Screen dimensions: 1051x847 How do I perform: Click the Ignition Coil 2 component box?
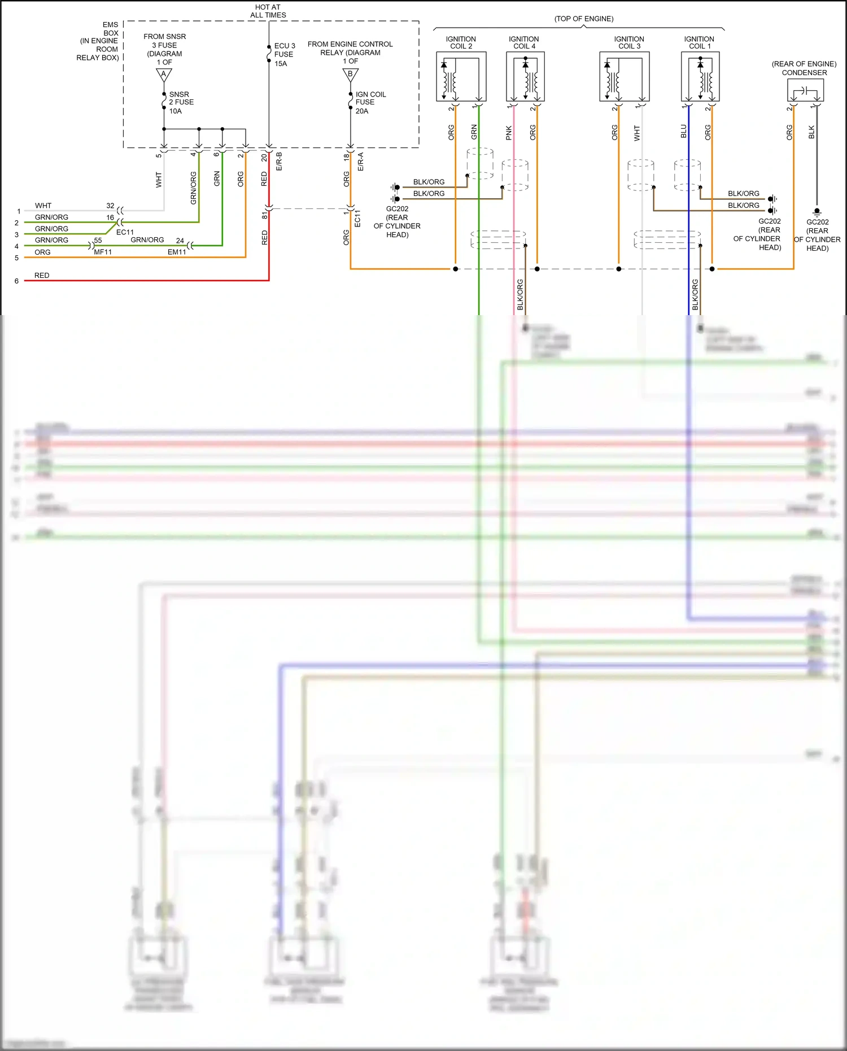coord(461,77)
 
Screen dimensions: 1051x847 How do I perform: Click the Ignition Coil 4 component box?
coord(525,77)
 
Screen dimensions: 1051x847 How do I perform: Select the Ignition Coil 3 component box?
coord(624,77)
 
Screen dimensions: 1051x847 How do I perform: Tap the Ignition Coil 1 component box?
coord(700,77)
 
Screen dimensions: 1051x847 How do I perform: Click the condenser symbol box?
coord(805,90)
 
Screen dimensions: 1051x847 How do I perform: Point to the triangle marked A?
coord(164,75)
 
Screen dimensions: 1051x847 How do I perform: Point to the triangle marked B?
coord(350,75)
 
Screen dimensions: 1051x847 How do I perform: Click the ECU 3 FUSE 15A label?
coord(284,55)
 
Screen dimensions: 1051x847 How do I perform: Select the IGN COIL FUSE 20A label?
coord(370,103)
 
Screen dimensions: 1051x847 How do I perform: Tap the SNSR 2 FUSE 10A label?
coord(181,103)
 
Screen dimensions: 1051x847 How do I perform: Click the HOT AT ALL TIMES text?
coord(268,11)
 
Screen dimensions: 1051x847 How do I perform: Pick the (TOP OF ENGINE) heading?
coord(583,19)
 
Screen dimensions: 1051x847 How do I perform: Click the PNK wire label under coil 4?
coord(509,133)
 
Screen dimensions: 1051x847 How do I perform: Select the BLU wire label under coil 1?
coord(684,132)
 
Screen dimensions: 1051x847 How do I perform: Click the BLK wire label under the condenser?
coord(811,132)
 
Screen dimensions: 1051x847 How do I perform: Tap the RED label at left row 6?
coord(42,276)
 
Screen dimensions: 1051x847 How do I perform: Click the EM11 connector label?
coord(177,252)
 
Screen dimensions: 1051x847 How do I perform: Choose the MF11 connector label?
coord(103,252)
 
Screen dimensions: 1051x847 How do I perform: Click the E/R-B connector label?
coord(279,162)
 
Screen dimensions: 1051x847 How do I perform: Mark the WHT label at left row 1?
coord(43,206)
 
